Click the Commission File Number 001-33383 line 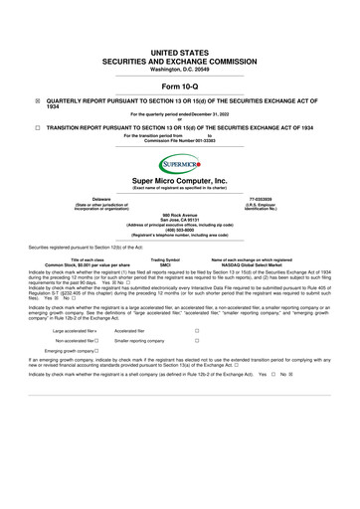click(180, 141)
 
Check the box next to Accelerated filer click(197, 328)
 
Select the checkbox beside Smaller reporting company click(197, 340)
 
